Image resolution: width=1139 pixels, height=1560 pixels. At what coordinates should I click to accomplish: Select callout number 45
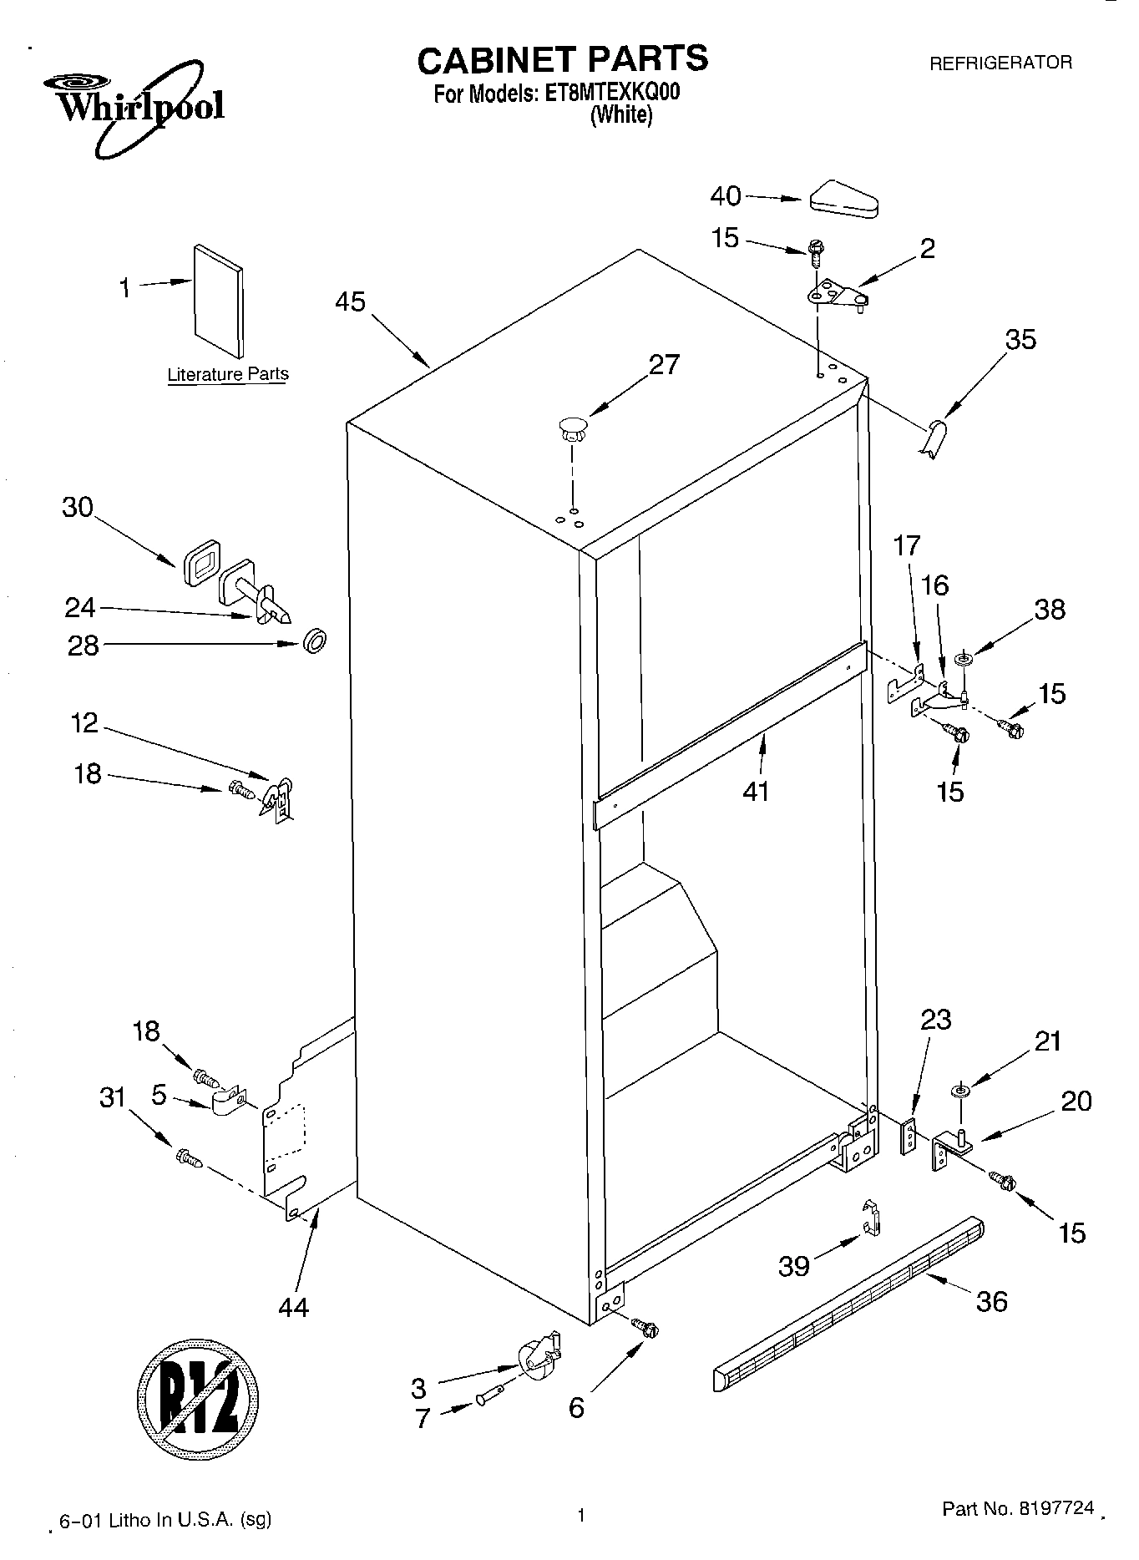[x=350, y=301]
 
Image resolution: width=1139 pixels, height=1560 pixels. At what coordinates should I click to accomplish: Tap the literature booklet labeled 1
[x=219, y=301]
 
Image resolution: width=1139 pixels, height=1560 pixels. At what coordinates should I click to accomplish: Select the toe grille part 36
[x=848, y=1303]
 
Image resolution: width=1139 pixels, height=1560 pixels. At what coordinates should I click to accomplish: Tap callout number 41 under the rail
[x=755, y=790]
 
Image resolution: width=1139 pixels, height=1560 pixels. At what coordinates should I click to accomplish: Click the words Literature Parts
[x=228, y=374]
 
